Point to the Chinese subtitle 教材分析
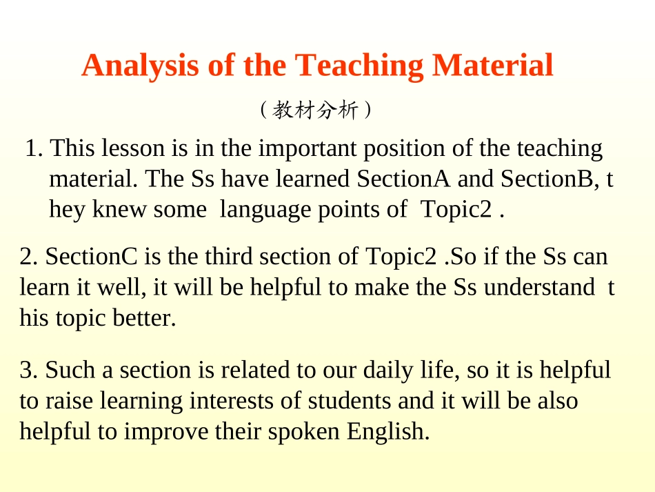point(316,110)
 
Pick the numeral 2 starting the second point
point(26,257)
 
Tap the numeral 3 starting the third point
point(26,371)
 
